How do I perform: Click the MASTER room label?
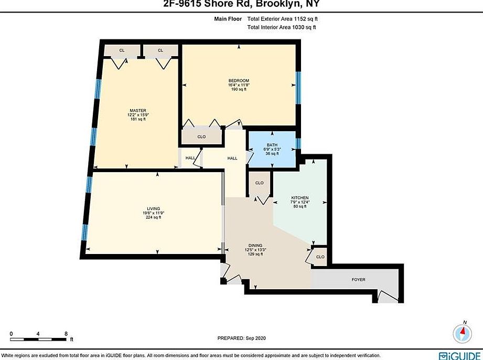coord(137,110)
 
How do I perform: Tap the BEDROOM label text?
coord(238,80)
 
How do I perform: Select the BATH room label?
coord(272,144)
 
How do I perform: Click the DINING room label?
coord(255,245)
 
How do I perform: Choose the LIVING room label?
coord(153,208)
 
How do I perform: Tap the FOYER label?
coord(358,280)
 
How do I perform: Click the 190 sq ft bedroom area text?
coord(238,90)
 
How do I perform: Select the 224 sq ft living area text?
coord(153,217)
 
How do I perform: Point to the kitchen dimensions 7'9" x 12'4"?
coord(300,202)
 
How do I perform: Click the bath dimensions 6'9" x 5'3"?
coord(272,149)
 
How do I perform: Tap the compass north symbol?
coord(463,332)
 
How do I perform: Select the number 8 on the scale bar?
coord(66,333)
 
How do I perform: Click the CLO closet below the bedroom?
coord(201,136)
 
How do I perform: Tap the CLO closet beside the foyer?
coord(320,257)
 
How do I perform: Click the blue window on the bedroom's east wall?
coord(298,86)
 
